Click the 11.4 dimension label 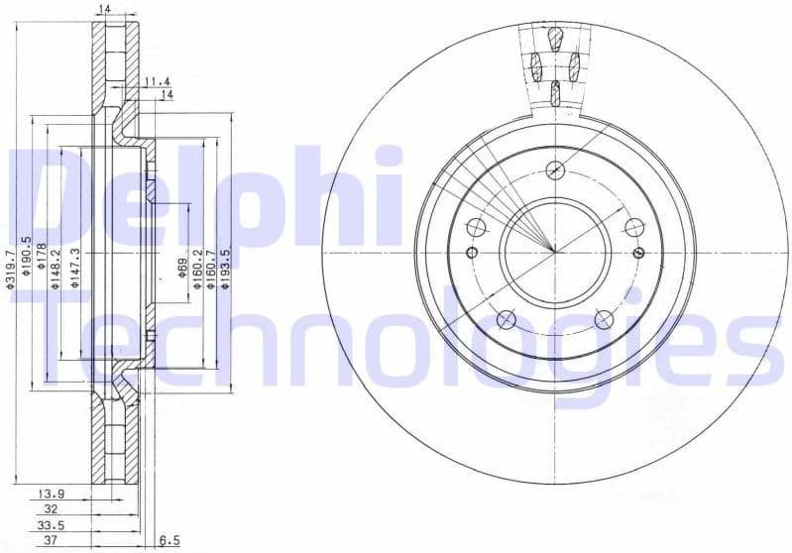(x=157, y=80)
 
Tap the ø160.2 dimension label (x=197, y=270)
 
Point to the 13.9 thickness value (x=53, y=493)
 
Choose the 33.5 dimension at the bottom (x=52, y=526)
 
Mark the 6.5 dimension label (x=169, y=542)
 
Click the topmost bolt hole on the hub (x=555, y=167)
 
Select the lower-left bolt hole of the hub (x=506, y=318)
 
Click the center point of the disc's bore (x=555, y=251)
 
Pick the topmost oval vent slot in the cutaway (x=555, y=39)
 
